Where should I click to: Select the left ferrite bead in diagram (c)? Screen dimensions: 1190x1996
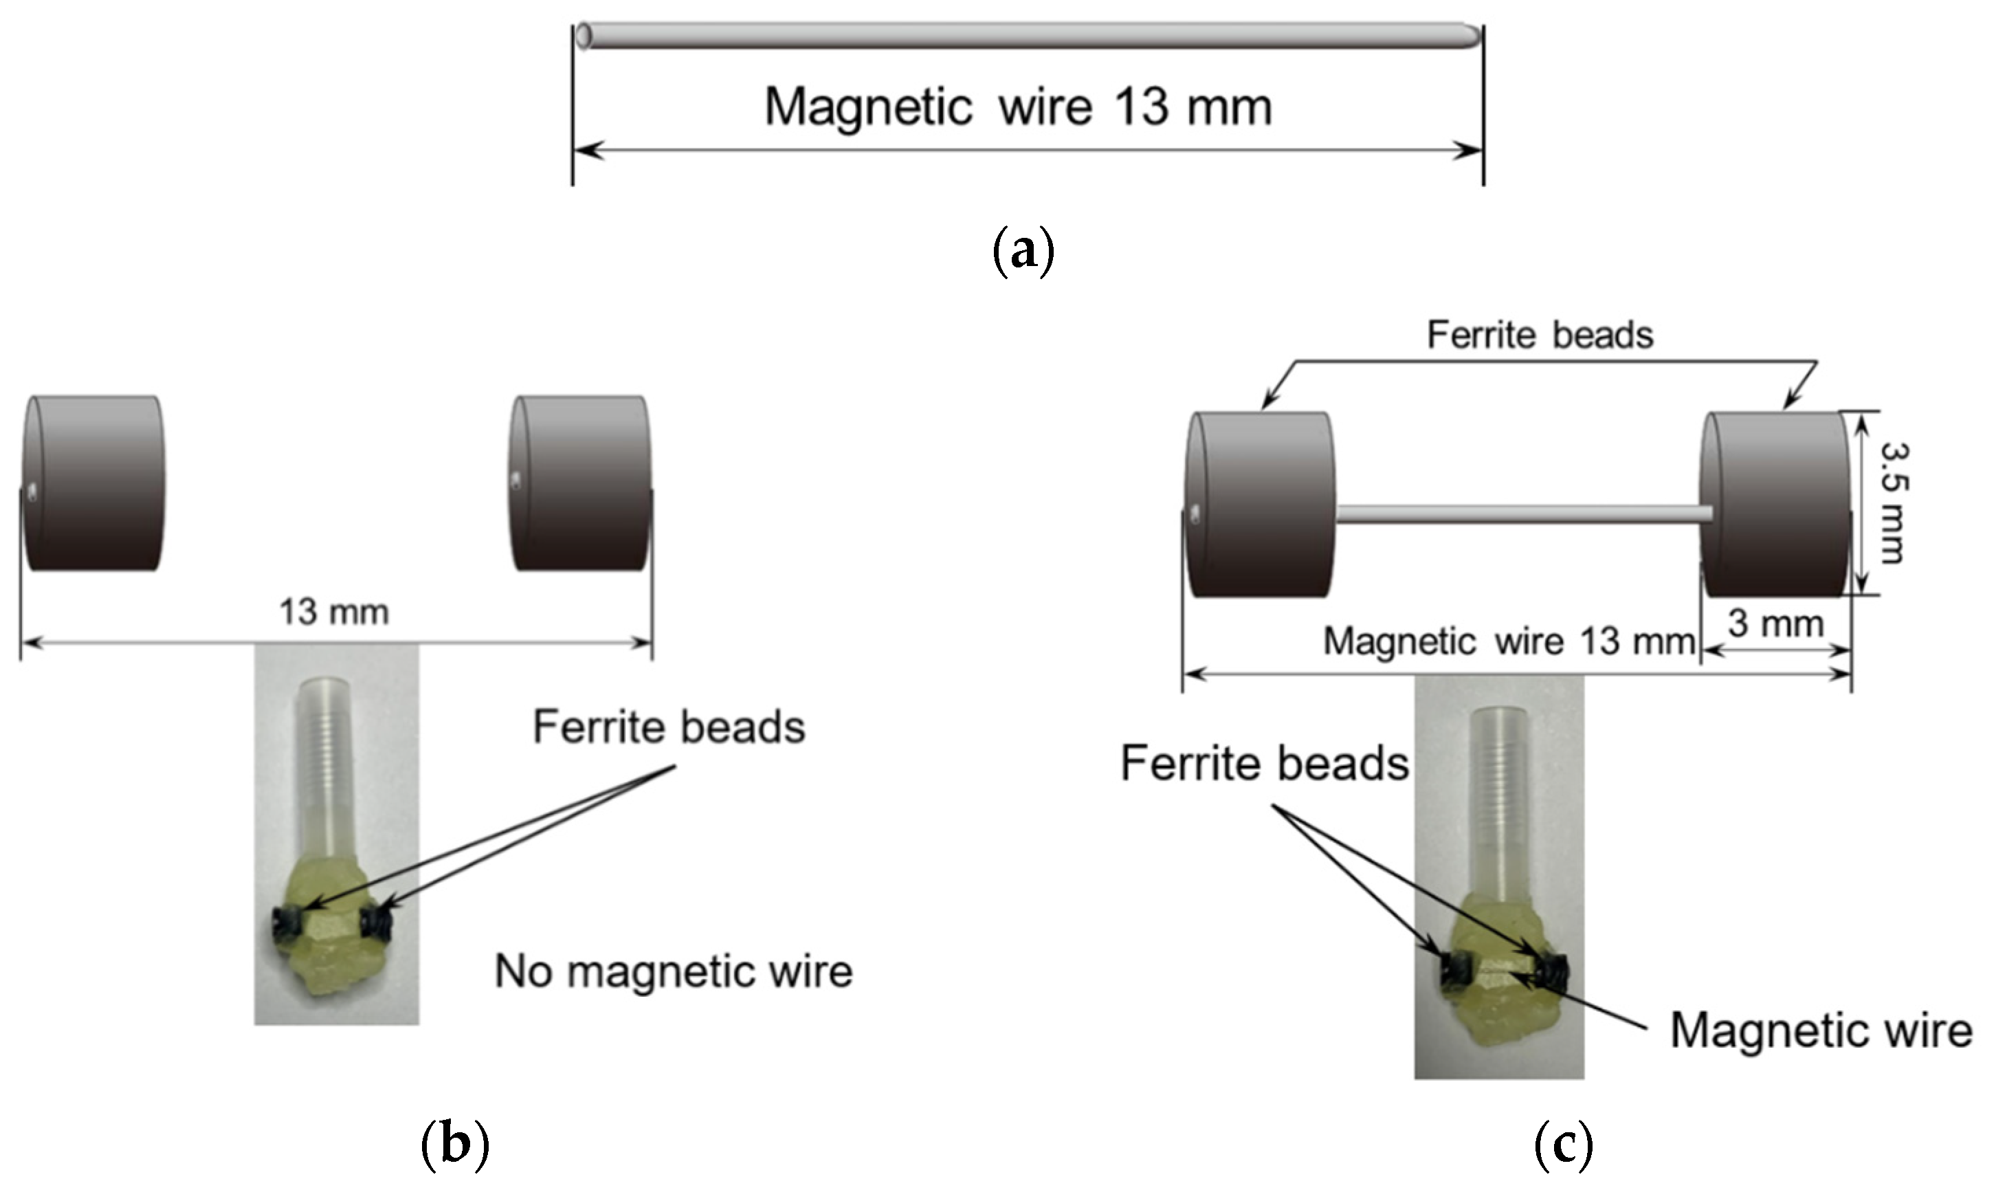pyautogui.click(x=1261, y=505)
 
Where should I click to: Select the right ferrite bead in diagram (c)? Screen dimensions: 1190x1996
pyautogui.click(x=1775, y=505)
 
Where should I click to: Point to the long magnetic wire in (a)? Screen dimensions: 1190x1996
pyautogui.click(x=1026, y=36)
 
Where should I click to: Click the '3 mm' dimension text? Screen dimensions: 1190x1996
pyautogui.click(x=1775, y=623)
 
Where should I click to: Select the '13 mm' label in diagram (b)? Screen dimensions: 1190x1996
pyautogui.click(x=334, y=613)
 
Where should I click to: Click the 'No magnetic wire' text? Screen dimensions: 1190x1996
pyautogui.click(x=674, y=972)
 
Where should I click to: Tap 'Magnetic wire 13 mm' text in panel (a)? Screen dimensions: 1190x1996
pyautogui.click(x=1018, y=107)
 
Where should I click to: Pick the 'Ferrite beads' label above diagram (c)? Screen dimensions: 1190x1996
pyautogui.click(x=1540, y=335)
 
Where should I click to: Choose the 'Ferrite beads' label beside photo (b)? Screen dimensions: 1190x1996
pyautogui.click(x=669, y=727)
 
